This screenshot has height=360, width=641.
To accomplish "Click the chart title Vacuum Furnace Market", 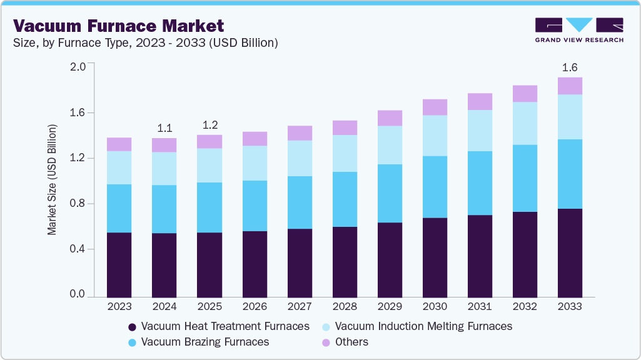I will [118, 26].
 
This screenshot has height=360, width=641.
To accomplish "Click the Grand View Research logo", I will [579, 29].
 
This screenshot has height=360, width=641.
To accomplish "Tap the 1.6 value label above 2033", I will [570, 67].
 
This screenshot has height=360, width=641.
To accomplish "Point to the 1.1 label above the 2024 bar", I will [164, 128].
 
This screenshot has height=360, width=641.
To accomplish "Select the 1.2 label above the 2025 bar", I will [209, 124].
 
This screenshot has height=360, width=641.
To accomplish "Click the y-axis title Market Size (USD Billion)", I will [53, 179].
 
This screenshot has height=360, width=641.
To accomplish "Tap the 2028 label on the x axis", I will [345, 307].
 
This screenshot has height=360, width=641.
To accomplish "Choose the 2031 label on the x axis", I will [480, 307].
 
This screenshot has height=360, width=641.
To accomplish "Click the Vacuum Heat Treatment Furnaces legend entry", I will [218, 326].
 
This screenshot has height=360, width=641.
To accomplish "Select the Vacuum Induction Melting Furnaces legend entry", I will [416, 326].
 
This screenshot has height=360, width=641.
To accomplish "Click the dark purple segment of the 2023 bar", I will [119, 264].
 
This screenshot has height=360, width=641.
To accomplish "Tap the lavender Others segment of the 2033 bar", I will [570, 86].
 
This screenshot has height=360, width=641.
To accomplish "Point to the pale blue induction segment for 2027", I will [300, 158].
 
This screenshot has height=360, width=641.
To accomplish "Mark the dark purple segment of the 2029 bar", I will [390, 259].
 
